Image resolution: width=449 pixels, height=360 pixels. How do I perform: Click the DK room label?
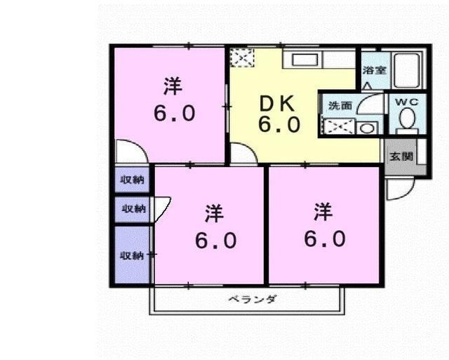276,104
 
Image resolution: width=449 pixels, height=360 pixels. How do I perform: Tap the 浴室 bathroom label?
375,70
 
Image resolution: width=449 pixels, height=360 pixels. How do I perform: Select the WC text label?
407,102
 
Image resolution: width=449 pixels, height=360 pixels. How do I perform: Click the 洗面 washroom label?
340,106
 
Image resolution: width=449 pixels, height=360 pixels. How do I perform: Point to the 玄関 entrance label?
401,156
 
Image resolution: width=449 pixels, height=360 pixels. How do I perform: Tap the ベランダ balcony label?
253,299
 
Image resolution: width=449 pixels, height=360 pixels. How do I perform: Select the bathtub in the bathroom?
407,70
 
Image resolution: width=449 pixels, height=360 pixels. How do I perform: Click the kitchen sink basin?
305,60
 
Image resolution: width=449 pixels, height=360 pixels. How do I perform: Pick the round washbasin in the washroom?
366,128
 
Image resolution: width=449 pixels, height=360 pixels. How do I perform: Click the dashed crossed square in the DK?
242,58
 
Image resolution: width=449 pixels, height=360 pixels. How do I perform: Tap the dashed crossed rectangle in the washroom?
338,127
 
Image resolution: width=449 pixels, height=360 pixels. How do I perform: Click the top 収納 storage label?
132,180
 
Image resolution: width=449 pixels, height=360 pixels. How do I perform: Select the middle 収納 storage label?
134,209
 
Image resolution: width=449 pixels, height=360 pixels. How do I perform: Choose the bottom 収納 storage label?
131,255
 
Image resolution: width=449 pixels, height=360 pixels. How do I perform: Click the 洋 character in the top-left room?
173,86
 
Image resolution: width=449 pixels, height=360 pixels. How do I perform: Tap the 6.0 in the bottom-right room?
325,239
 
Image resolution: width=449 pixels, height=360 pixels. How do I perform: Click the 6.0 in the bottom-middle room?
216,240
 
